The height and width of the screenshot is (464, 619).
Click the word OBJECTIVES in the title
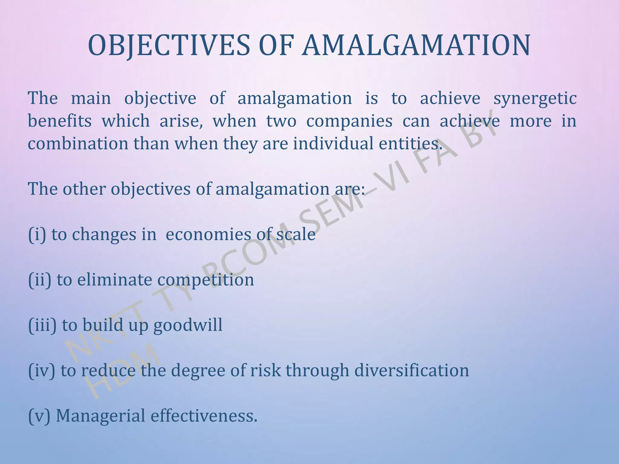click(x=169, y=46)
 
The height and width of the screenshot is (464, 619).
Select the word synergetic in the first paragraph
click(x=535, y=98)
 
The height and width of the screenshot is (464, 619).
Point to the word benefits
click(x=60, y=121)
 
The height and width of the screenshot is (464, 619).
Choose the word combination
click(x=78, y=143)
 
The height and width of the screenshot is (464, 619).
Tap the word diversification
click(x=411, y=370)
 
